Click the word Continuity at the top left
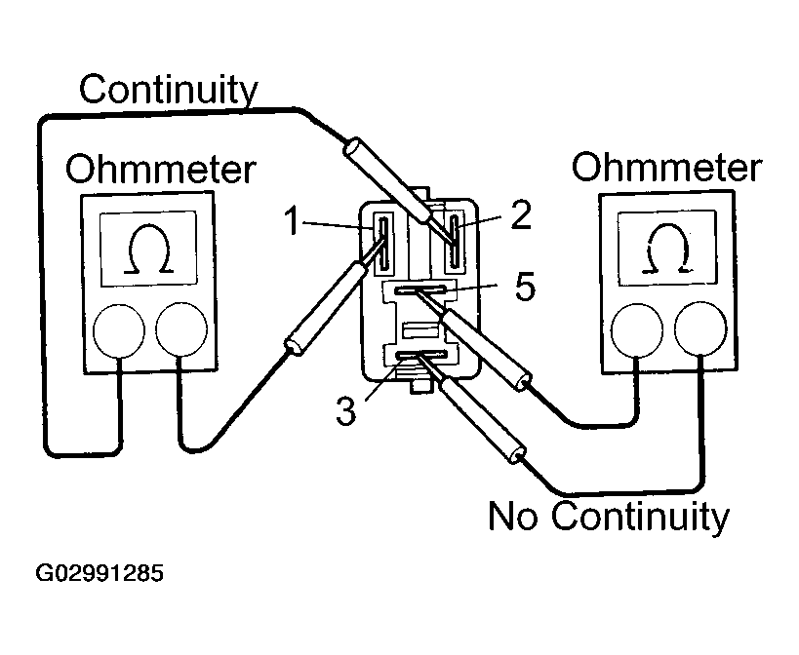coord(168,91)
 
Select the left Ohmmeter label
coord(160,170)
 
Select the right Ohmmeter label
coord(665,168)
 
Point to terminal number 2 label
coord(520,215)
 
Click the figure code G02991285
coord(100,572)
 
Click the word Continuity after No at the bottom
coord(640,516)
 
